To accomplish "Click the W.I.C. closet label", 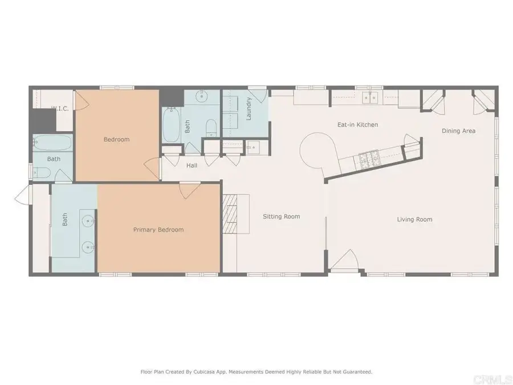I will [x=60, y=109].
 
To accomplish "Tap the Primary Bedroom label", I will [x=158, y=230].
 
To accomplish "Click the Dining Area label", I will [x=458, y=131].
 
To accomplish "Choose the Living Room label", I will [x=414, y=219].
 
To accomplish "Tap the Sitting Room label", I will [x=281, y=217].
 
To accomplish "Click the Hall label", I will [x=192, y=165].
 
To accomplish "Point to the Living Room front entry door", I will [x=344, y=264].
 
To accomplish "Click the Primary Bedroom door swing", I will [x=186, y=191].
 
